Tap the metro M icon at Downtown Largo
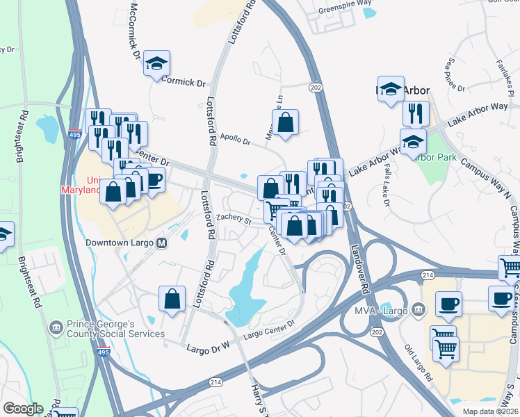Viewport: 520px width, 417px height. tap(162, 243)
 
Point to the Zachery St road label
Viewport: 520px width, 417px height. tap(233, 220)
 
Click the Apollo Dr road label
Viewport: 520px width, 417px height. tap(234, 140)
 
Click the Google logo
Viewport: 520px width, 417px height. tap(22, 409)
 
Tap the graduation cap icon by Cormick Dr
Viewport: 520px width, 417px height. tap(157, 64)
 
